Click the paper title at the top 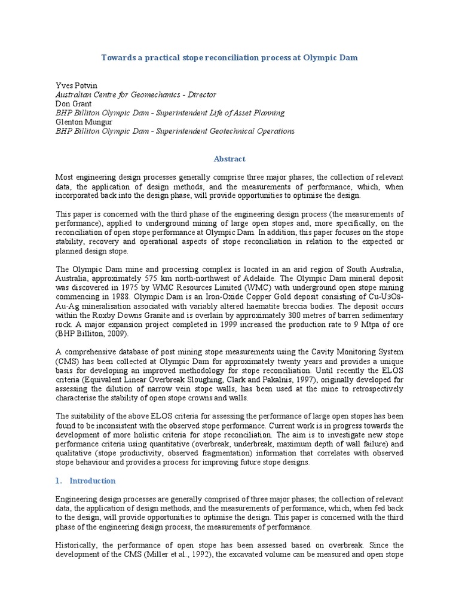(229, 57)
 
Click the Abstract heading (229, 159)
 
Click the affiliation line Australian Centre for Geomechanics (136, 94)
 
